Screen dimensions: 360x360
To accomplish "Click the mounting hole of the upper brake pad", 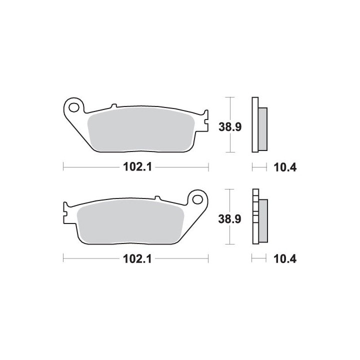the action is point(74,107).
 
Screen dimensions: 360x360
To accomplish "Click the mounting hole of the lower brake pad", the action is point(197,199).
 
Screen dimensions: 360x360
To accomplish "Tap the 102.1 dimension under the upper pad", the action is point(137,167).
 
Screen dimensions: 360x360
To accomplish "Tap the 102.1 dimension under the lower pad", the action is point(137,259).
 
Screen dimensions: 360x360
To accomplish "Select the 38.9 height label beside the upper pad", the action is point(230,126).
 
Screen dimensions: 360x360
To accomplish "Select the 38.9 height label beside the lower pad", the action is point(229,219).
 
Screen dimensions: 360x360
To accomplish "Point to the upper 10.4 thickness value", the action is point(285,167).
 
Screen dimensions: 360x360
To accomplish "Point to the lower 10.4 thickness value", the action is point(285,259).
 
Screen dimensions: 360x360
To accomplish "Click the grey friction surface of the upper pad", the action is point(141,129).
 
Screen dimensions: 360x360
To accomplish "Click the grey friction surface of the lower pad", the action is point(131,221).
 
